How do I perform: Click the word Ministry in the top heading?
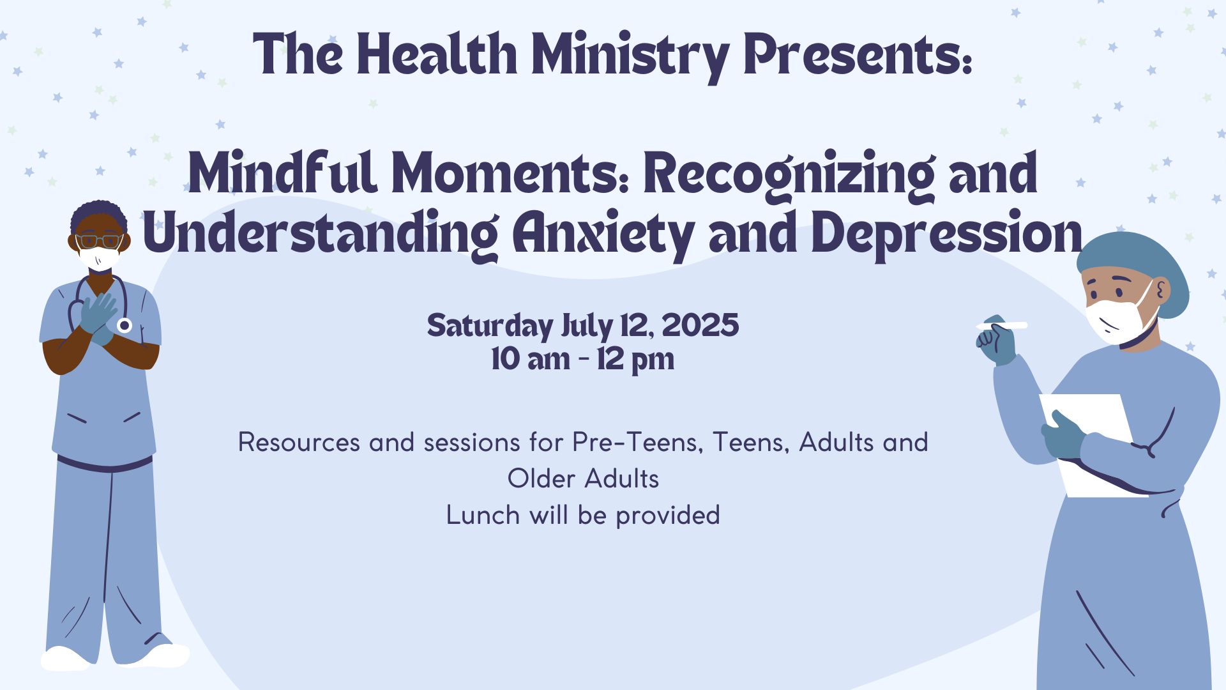pos(630,56)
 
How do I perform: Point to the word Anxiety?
pos(603,234)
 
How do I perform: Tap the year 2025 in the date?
pos(700,326)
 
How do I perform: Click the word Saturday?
pos(490,327)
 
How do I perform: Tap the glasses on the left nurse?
pos(99,241)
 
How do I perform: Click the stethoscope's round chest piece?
pos(125,325)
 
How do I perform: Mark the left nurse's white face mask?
pos(99,258)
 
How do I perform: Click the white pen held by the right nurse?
pos(1002,326)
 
